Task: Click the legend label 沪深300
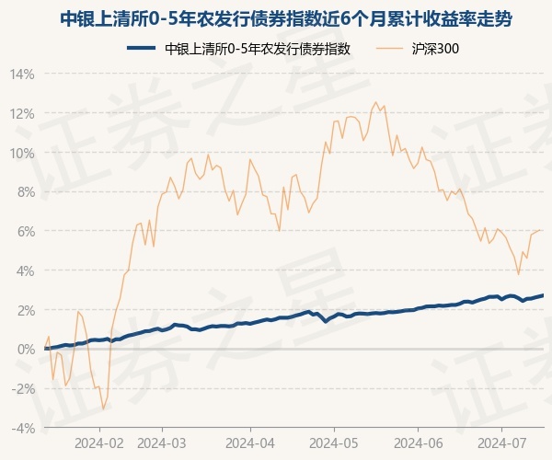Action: pyautogui.click(x=432, y=49)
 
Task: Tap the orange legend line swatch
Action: pyautogui.click(x=389, y=49)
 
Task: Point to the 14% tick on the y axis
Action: pyautogui.click(x=23, y=74)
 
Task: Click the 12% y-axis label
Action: pyautogui.click(x=23, y=113)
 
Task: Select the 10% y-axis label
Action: pyautogui.click(x=23, y=153)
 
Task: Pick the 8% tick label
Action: pyautogui.click(x=26, y=192)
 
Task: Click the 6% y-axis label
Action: pyautogui.click(x=26, y=231)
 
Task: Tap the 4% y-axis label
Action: pyautogui.click(x=26, y=270)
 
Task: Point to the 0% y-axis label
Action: pyautogui.click(x=26, y=350)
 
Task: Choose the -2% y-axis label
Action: pyautogui.click(x=24, y=388)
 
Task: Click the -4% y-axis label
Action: pyautogui.click(x=24, y=428)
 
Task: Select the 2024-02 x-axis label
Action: pyautogui.click(x=100, y=442)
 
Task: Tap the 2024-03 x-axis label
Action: pyautogui.click(x=162, y=442)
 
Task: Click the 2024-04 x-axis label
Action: pyautogui.click(x=249, y=442)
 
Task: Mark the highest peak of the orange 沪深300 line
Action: pyautogui.click(x=375, y=102)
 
